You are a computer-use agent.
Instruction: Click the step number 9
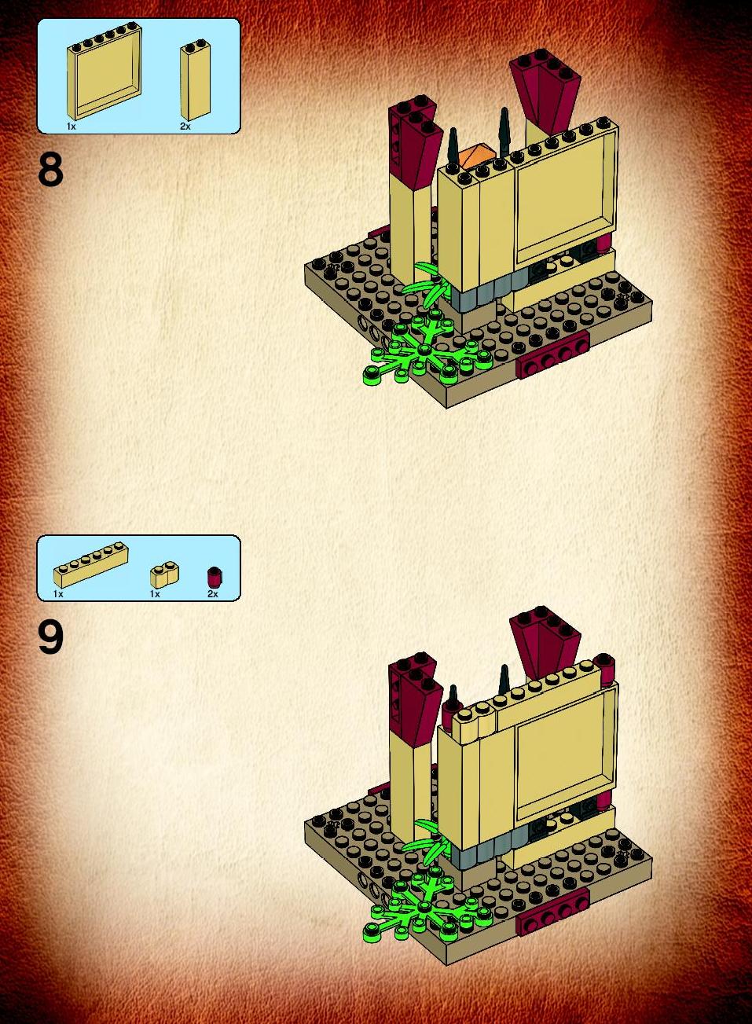(51, 638)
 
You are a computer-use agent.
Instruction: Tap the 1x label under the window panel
(71, 127)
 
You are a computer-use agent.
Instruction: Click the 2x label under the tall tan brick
(185, 127)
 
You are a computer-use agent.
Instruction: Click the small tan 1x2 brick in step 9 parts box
(164, 577)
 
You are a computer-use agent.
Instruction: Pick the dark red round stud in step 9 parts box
(214, 577)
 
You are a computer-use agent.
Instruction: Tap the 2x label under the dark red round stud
(213, 594)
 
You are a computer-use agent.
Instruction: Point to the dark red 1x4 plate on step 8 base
(552, 355)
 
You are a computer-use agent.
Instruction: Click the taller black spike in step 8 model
(504, 133)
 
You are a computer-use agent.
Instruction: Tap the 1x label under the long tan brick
(58, 594)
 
